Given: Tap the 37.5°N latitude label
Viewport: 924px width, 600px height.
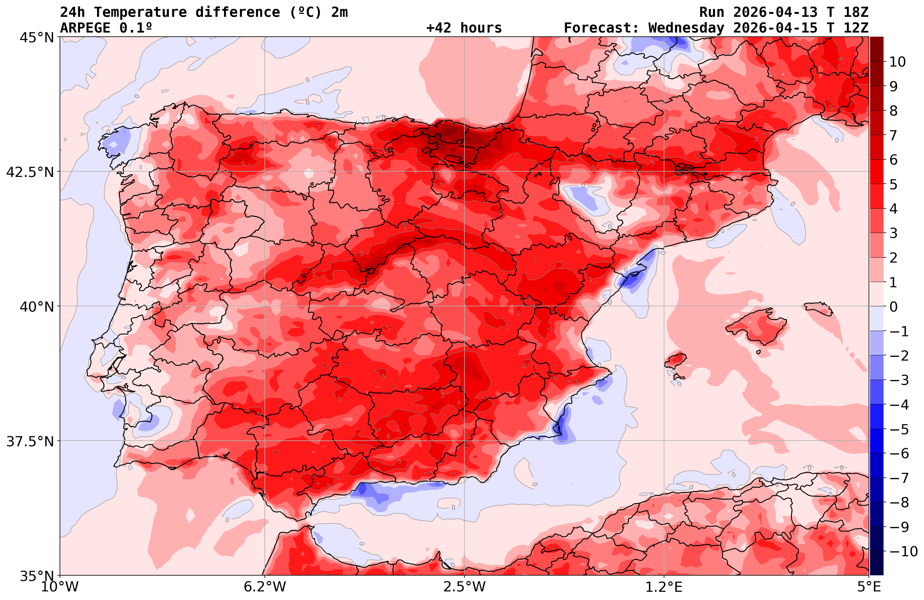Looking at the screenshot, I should point(30,442).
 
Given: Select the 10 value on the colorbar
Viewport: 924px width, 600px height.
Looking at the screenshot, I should point(897,62).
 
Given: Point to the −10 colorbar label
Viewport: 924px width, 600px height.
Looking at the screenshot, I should point(903,551).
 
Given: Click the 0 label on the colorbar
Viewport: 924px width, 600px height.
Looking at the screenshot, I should point(893,307).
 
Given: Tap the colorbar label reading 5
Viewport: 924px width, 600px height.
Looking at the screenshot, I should point(893,185).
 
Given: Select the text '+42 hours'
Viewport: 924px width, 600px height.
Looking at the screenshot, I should point(464,28).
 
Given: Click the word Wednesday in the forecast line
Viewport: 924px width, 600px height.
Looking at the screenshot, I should point(686,28).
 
